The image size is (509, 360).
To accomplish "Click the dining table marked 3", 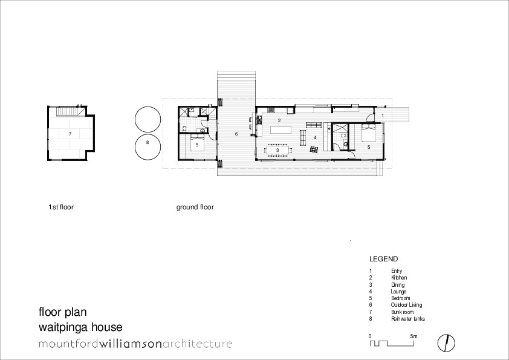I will click(x=277, y=150).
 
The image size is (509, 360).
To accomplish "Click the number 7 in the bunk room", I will click(x=70, y=133).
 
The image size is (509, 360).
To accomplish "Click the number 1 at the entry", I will click(x=383, y=114).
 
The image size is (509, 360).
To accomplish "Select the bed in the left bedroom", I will click(x=197, y=143).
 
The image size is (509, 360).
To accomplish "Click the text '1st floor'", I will click(x=61, y=207).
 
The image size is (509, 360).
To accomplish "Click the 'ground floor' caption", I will click(x=195, y=207).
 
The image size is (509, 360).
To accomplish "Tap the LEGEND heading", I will click(x=383, y=258).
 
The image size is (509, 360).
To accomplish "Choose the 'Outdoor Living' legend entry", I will click(x=406, y=305).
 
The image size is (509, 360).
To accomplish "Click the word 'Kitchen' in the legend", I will click(x=399, y=278).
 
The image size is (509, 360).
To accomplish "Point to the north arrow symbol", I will click(x=446, y=342).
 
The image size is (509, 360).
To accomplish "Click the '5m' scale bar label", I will click(x=413, y=335).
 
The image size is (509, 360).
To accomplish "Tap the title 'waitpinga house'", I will click(x=80, y=327).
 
